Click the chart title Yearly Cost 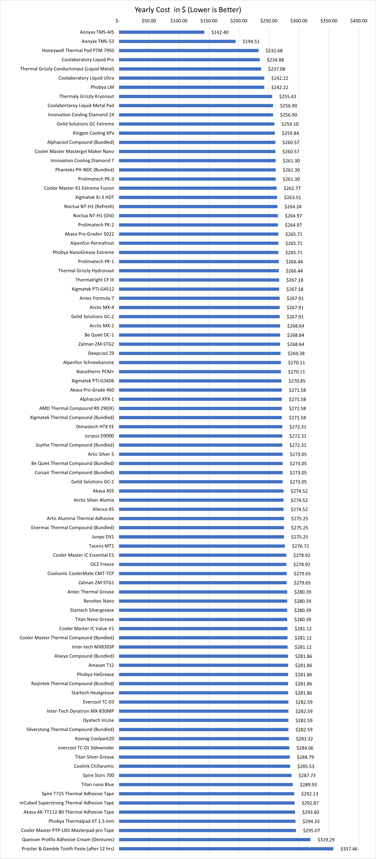188,10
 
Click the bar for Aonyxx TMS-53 177,41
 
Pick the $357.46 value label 349,849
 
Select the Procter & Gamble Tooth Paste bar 226,849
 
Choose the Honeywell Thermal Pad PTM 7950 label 78,50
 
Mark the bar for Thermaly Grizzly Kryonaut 196,96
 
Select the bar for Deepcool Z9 200,353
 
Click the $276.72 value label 300,546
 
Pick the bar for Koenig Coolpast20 204,739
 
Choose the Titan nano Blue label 97,784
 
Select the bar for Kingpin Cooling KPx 197,133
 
